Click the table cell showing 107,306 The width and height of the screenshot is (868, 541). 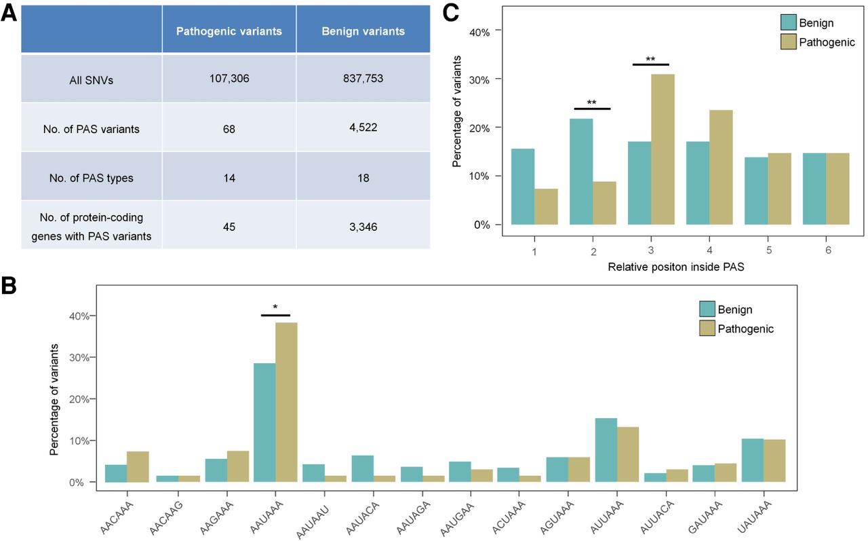229,79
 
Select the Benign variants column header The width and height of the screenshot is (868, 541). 363,31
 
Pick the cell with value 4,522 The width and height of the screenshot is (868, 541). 363,128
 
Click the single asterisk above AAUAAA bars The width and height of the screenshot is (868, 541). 275,307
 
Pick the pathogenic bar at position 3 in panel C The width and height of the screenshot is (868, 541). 663,149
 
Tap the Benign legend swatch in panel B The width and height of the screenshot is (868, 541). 709,310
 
